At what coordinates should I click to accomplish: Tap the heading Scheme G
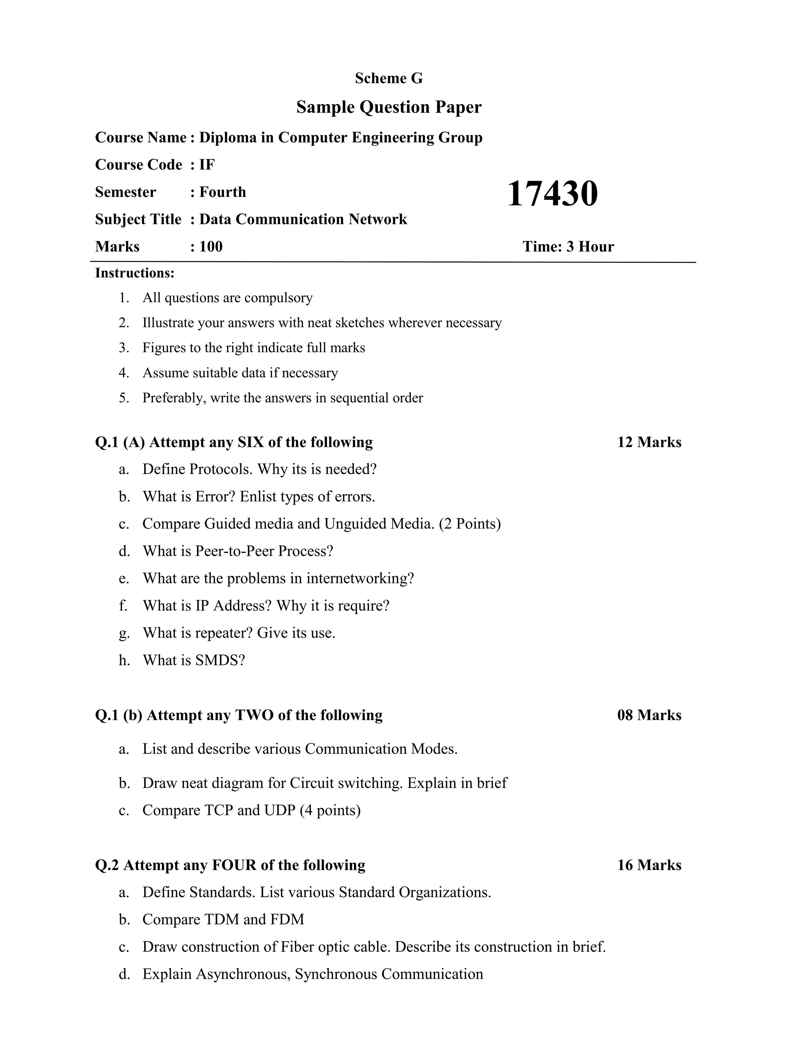(389, 78)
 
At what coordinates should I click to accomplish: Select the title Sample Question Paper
(389, 107)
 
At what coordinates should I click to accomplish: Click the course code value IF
(207, 165)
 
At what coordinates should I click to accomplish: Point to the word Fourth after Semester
(222, 192)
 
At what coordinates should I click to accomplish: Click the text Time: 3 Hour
(568, 247)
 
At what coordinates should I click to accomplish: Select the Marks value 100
(211, 247)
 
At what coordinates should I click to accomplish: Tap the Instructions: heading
(135, 273)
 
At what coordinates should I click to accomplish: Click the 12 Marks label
(649, 442)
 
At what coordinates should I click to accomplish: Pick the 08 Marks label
(649, 715)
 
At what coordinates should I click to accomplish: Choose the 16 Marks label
(649, 865)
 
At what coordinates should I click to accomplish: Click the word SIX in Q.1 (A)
(251, 442)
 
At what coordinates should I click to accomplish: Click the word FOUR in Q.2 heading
(234, 865)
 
